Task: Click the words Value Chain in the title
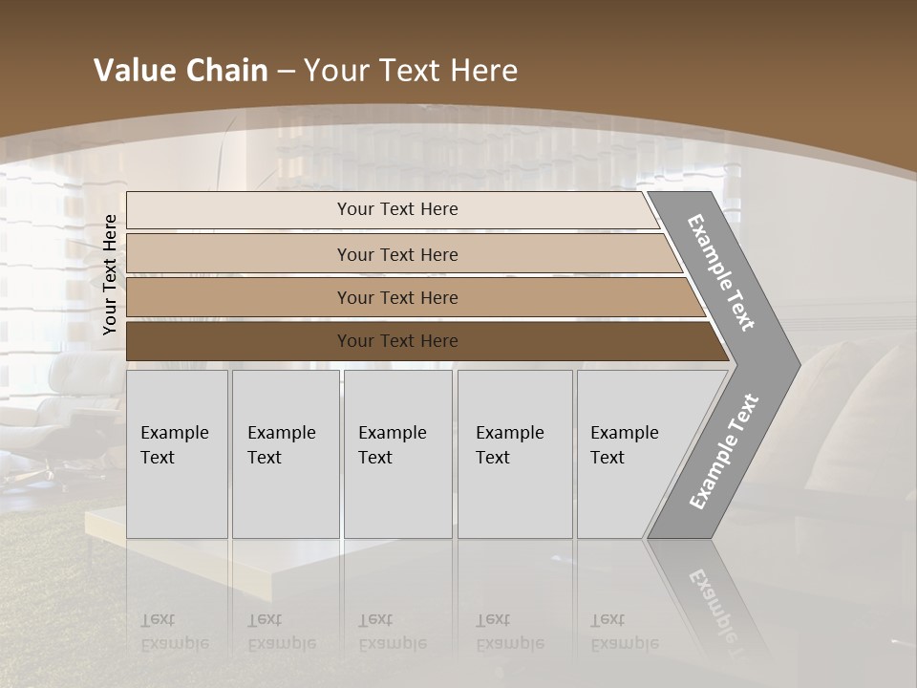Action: coord(181,71)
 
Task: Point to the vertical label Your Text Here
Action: coord(110,274)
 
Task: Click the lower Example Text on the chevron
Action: coord(723,451)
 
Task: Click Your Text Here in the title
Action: coord(411,71)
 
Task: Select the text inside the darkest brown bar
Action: coord(397,341)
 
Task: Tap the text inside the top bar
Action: coord(397,209)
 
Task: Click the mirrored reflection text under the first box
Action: coord(175,632)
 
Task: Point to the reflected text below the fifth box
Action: coord(625,632)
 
